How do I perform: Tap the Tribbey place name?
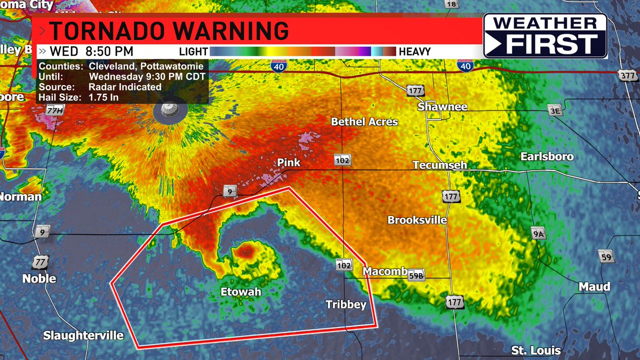[x=346, y=305]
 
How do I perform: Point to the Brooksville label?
[x=417, y=220]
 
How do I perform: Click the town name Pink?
[x=289, y=162]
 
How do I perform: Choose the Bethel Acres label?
[x=364, y=122]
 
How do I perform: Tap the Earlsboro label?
[x=547, y=156]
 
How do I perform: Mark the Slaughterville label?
[x=83, y=335]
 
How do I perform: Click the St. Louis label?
[x=535, y=350]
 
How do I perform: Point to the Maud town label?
[x=594, y=287]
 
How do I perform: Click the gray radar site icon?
[x=170, y=110]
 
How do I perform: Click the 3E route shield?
[x=555, y=111]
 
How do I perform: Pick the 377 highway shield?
[x=629, y=75]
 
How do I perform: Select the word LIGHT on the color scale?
[x=193, y=52]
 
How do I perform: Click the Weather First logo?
[x=545, y=35]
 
